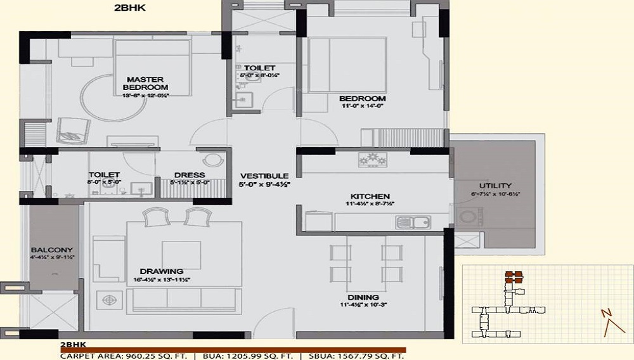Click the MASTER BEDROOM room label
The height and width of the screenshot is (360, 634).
click(x=146, y=83)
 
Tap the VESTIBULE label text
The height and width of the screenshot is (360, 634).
click(x=264, y=176)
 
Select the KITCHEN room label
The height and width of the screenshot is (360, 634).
click(x=370, y=196)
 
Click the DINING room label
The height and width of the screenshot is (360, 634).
click(x=363, y=297)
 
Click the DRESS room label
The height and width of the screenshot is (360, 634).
click(x=194, y=175)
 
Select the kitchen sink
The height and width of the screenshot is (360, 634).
click(x=413, y=222)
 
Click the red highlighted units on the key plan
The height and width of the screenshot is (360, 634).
click(x=514, y=277)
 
